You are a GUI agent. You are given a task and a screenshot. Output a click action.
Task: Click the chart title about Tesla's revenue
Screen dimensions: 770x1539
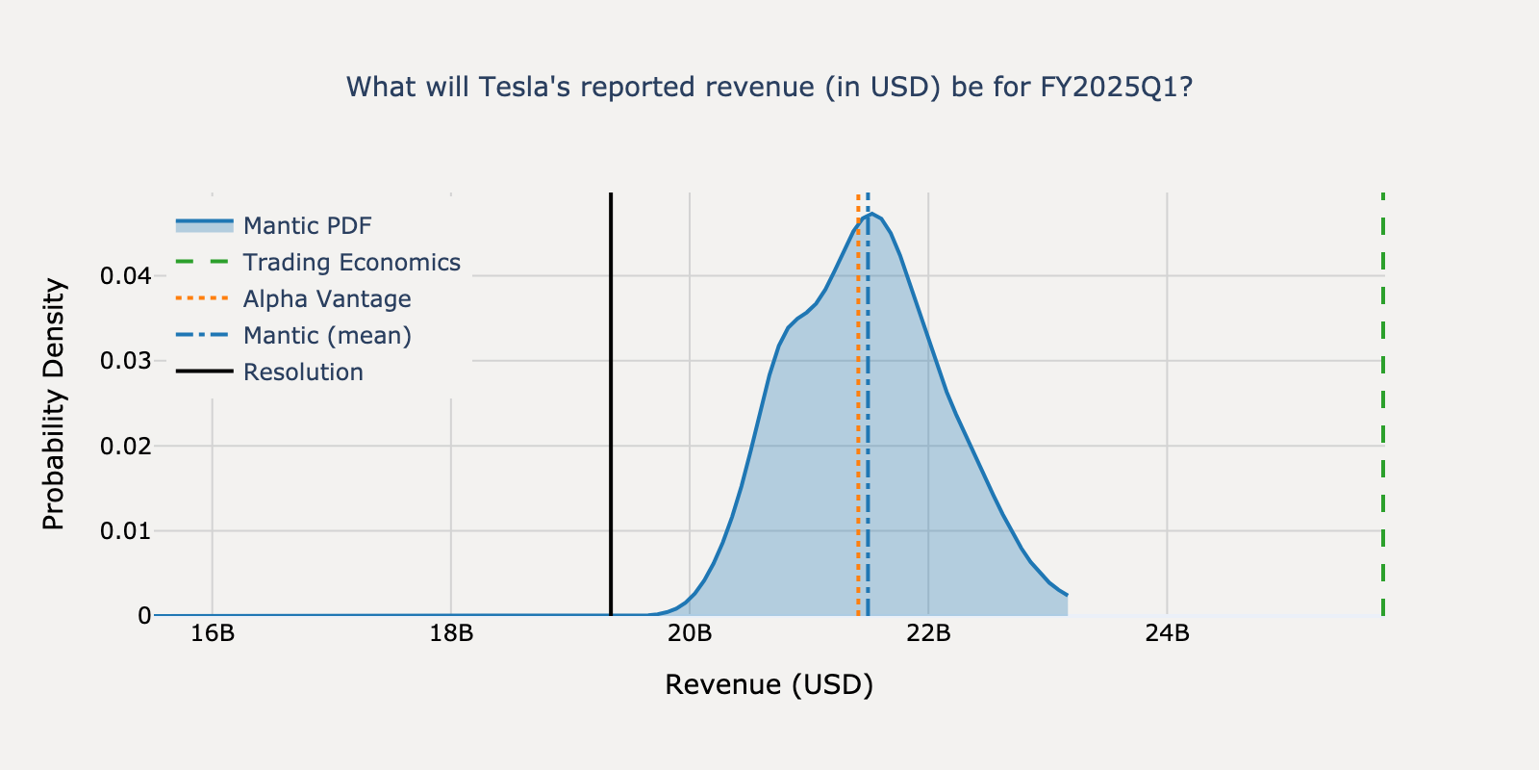(x=769, y=88)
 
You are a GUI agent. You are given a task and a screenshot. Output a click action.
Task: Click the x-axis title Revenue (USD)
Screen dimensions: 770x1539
(x=769, y=684)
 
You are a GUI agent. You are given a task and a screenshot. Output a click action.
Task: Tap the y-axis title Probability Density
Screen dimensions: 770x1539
(x=54, y=404)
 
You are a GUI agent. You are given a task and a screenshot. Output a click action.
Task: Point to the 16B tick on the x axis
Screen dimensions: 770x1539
(x=212, y=633)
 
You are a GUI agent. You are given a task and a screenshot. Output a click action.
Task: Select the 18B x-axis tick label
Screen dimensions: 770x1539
(x=450, y=633)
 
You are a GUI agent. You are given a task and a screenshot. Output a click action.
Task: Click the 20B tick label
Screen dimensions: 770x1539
(x=689, y=633)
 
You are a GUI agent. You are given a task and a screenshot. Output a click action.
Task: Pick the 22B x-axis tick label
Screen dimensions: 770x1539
(x=927, y=633)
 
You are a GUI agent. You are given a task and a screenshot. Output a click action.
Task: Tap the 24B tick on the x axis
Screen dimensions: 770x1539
(x=1166, y=633)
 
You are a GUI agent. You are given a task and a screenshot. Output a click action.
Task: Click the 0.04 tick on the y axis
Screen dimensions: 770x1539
(x=125, y=276)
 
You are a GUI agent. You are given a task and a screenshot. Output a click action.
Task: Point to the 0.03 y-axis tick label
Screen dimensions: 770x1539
(x=125, y=361)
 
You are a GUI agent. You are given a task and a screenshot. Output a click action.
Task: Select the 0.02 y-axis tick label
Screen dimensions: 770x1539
(x=125, y=446)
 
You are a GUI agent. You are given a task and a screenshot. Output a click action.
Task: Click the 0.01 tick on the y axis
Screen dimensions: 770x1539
(x=125, y=530)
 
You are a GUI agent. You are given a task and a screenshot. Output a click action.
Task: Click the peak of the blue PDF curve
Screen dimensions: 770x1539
(x=871, y=215)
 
